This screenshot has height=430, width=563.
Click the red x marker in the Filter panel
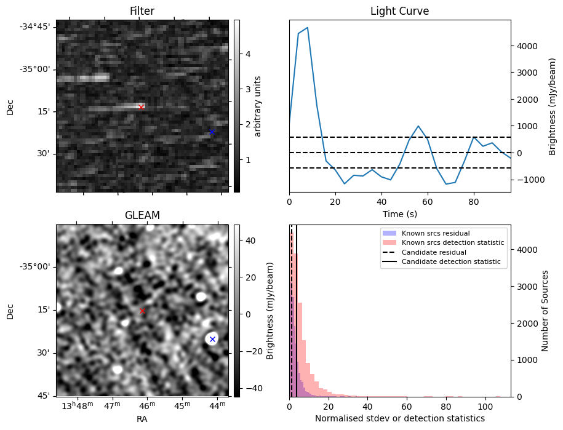coord(141,107)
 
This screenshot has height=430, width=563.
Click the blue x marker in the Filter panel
coord(212,132)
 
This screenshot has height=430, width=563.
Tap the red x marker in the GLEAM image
coord(142,311)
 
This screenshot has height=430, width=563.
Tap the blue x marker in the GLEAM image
coord(212,339)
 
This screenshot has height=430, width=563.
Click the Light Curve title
coord(399,11)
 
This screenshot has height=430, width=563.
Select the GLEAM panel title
coord(142,215)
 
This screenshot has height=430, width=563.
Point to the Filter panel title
coord(142,11)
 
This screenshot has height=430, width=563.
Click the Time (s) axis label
coord(399,213)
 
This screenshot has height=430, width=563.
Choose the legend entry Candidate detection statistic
coord(450,262)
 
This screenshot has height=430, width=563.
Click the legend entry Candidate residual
coord(434,253)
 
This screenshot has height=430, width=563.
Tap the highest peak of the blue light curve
coord(307,28)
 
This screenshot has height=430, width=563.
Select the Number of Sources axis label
coord(545,311)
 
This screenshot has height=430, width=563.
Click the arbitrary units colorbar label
coord(258,106)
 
